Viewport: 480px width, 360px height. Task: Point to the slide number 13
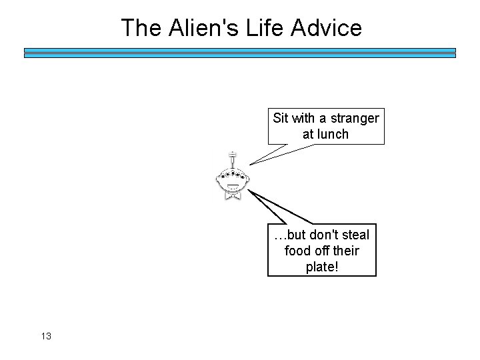point(45,335)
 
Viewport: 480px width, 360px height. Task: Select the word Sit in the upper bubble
point(281,118)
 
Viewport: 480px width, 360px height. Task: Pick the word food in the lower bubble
point(296,251)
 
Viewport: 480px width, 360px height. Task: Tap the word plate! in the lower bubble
point(321,267)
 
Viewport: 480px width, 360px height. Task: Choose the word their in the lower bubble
point(344,251)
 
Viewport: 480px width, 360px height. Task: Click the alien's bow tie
point(232,195)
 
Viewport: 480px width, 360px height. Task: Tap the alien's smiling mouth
point(232,185)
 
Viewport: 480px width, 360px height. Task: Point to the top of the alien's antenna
point(231,153)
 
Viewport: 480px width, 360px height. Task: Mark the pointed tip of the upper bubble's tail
point(249,164)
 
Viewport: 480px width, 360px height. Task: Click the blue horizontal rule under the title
point(240,53)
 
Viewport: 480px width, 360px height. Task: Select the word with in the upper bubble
point(303,118)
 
